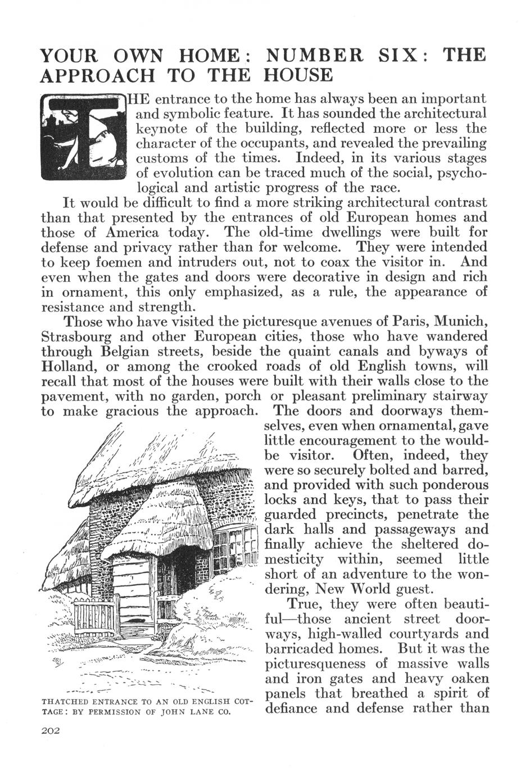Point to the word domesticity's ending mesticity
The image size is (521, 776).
[293, 560]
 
